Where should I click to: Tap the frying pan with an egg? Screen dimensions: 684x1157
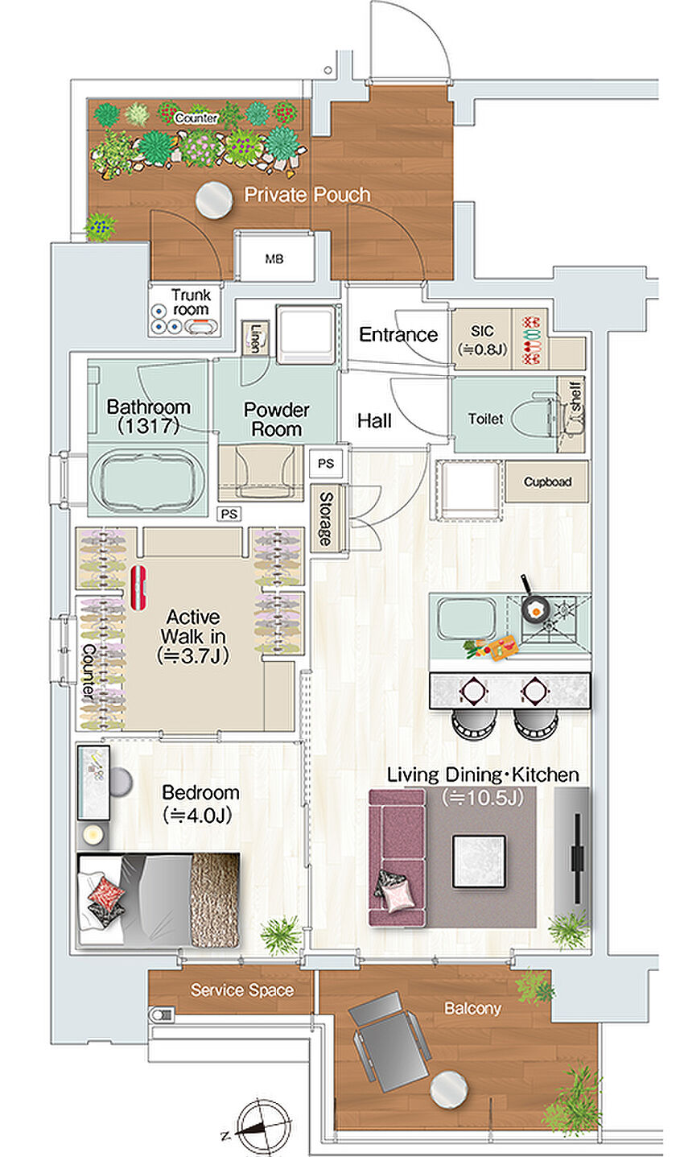tap(534, 607)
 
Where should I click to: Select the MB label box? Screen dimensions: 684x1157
tap(274, 258)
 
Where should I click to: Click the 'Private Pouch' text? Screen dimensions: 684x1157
tap(307, 195)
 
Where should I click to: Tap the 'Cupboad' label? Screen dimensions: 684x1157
tap(547, 482)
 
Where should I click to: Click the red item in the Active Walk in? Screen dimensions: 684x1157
tap(138, 587)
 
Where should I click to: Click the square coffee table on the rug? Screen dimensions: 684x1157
tap(479, 861)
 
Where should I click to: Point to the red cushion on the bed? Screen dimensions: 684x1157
tap(106, 893)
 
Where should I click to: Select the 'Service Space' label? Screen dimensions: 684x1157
tap(242, 990)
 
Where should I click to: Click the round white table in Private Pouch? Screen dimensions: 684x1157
tap(214, 199)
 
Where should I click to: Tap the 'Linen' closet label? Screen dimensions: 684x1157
tap(254, 337)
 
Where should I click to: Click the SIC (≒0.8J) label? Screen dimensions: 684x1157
tap(482, 340)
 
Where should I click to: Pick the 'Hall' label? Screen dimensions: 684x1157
tap(374, 421)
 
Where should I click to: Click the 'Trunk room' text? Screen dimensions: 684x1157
tap(191, 302)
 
